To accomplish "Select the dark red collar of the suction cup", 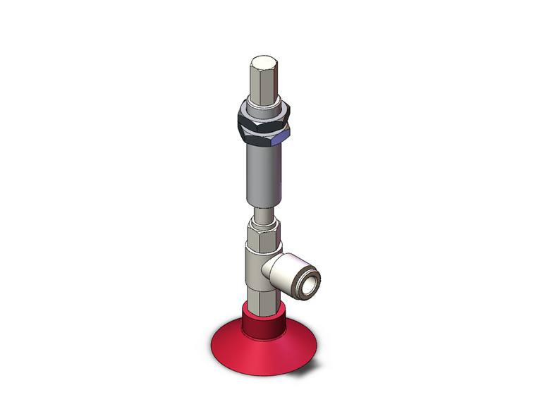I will point(262,320).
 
